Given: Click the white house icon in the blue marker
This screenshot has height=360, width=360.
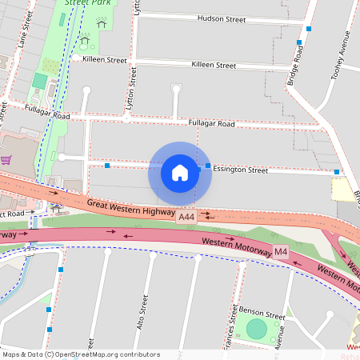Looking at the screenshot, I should pyautogui.click(x=180, y=172).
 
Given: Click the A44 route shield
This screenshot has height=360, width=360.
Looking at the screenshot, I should pyautogui.click(x=186, y=218).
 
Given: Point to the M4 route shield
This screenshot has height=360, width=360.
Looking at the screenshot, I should pyautogui.click(x=281, y=252).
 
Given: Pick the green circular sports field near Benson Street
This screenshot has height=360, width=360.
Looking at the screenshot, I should pyautogui.click(x=255, y=330).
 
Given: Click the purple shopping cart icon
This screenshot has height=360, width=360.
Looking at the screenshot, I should pyautogui.click(x=6, y=159).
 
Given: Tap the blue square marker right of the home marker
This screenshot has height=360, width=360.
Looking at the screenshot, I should pyautogui.click(x=208, y=166).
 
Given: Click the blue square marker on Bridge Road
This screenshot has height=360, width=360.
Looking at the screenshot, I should pyautogui.click(x=299, y=42).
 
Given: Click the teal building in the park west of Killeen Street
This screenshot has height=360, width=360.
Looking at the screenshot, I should pyautogui.click(x=39, y=81).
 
